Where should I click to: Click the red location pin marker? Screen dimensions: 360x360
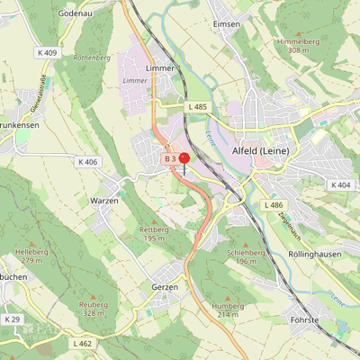184,159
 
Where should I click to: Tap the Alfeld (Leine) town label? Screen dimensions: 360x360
260,151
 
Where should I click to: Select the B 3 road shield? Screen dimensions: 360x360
169,158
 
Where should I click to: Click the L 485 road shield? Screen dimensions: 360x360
197,107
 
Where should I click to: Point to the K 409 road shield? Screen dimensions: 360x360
47,53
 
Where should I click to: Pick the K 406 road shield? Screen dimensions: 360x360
87,162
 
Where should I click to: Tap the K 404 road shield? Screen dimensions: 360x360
340,184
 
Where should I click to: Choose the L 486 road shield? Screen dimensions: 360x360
274,205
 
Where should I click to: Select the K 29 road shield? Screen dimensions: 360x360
12,319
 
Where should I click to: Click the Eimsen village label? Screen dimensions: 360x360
225,24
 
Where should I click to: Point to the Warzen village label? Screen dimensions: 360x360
104,201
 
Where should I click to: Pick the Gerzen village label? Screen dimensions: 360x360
165,286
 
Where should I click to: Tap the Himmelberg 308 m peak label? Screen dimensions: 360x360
299,46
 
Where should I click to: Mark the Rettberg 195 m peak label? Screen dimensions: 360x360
155,234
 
